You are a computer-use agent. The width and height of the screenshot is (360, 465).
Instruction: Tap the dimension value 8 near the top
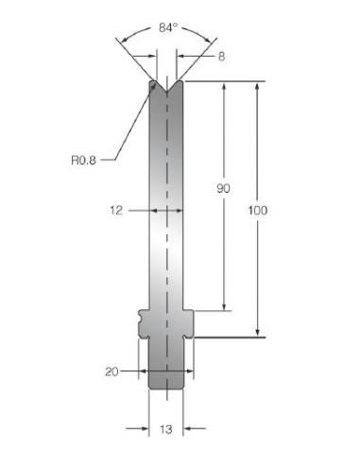tap(221, 57)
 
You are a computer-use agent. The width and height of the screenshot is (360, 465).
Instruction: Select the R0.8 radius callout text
tap(83, 161)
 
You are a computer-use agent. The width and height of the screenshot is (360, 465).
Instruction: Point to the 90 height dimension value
tap(223, 188)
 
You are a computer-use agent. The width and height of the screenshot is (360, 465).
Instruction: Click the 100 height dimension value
tap(258, 210)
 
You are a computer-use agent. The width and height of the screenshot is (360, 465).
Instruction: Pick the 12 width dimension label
tap(116, 210)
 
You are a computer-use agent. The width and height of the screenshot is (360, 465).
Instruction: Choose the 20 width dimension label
tap(111, 371)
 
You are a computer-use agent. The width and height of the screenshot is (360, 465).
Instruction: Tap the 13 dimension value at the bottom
tap(165, 429)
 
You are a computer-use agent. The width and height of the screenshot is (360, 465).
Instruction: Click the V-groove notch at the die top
tap(166, 86)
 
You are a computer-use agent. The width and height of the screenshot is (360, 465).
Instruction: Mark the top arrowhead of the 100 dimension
tap(257, 86)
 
